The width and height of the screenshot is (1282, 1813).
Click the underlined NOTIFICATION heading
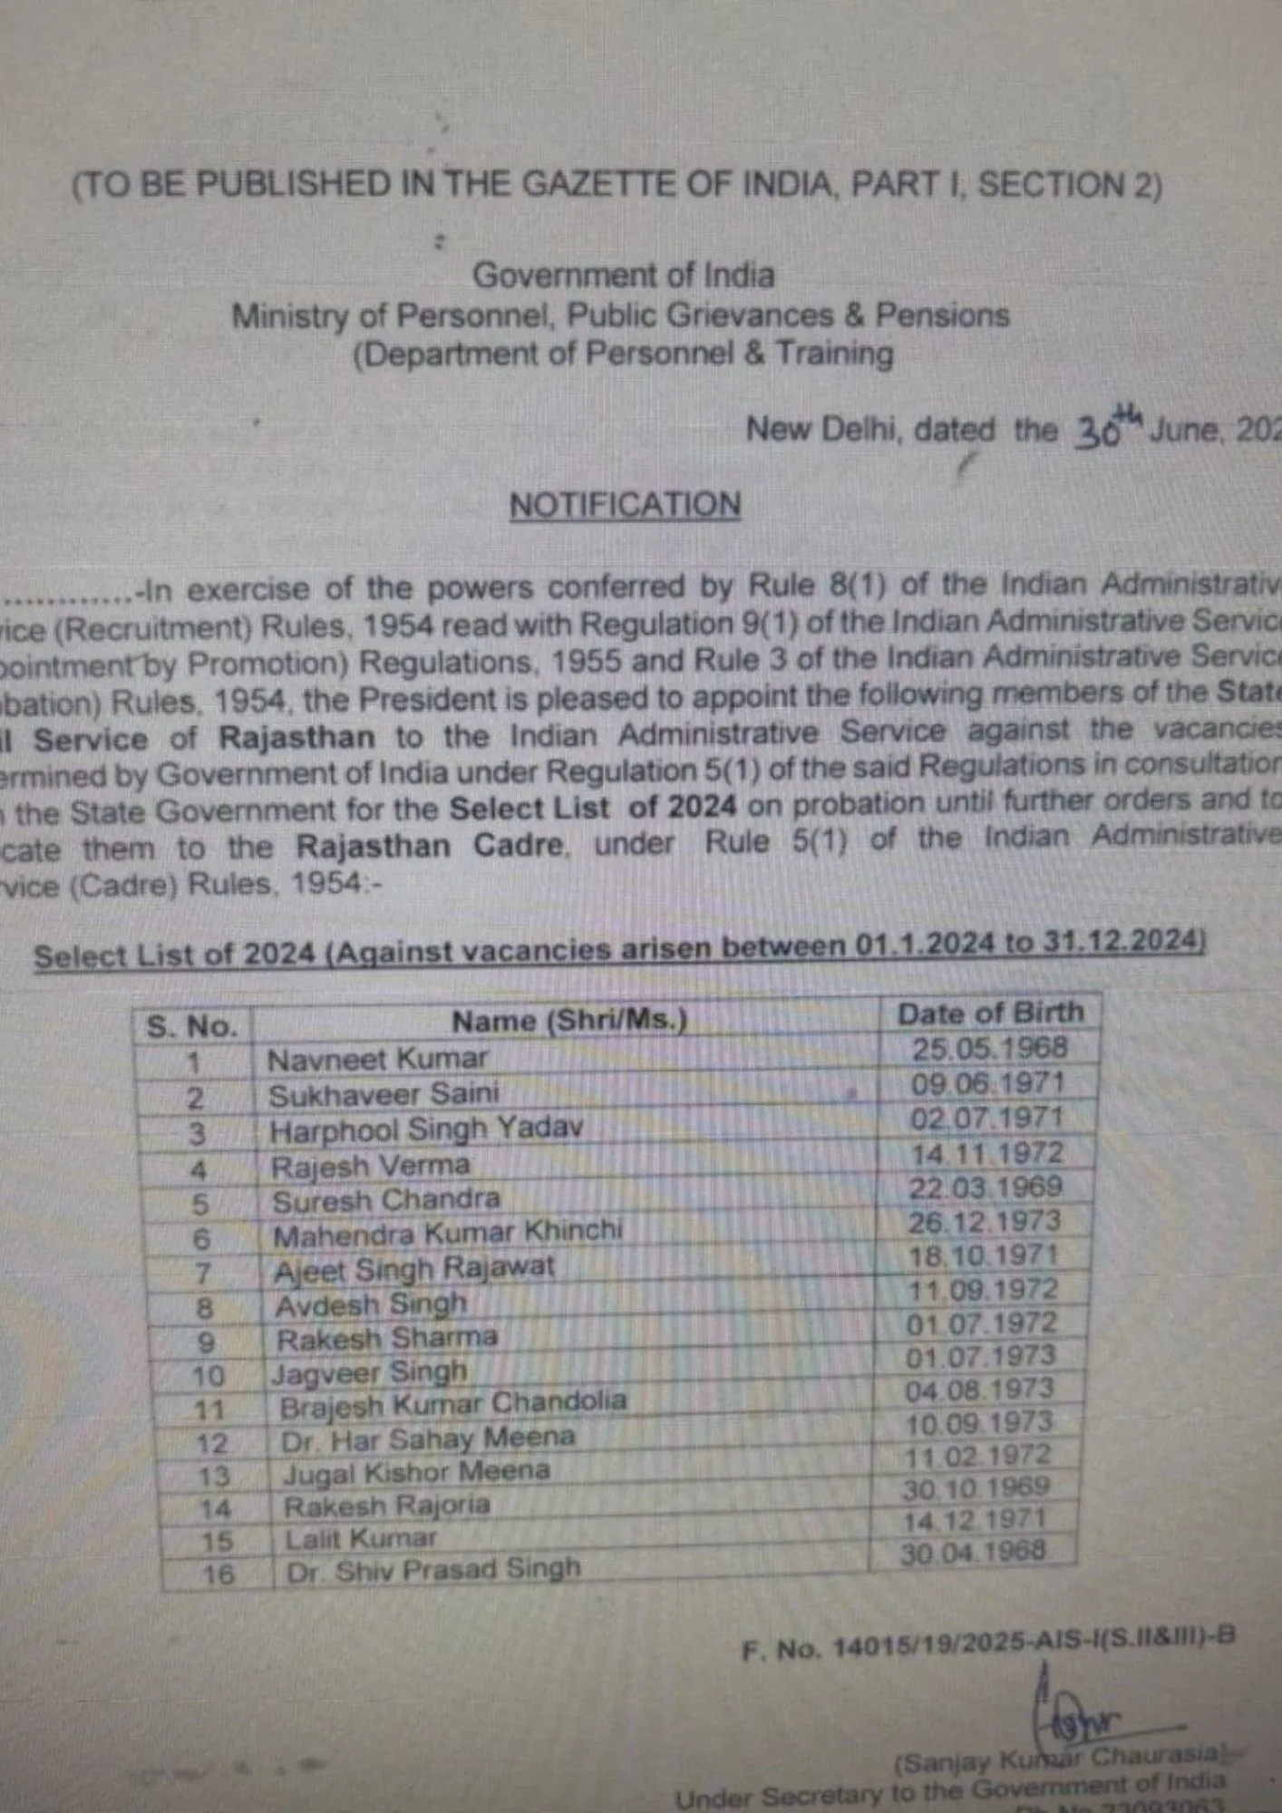click(625, 505)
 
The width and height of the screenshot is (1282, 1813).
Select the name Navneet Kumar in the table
click(377, 1059)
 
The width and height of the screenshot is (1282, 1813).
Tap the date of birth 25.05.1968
click(989, 1049)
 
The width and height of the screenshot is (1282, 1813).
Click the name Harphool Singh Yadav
click(426, 1129)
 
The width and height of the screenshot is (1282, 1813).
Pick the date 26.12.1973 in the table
click(984, 1222)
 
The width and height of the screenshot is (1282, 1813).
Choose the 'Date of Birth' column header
click(990, 1013)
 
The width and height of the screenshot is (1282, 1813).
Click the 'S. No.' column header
click(191, 1027)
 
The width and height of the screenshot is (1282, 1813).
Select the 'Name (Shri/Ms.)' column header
click(569, 1021)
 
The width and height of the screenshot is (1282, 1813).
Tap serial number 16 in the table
click(218, 1575)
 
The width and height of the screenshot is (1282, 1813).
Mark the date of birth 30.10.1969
click(976, 1488)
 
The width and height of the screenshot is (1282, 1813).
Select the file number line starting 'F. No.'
click(987, 1642)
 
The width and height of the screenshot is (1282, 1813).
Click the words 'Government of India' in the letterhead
click(624, 275)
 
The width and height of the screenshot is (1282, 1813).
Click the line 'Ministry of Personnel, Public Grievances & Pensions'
click(620, 315)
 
